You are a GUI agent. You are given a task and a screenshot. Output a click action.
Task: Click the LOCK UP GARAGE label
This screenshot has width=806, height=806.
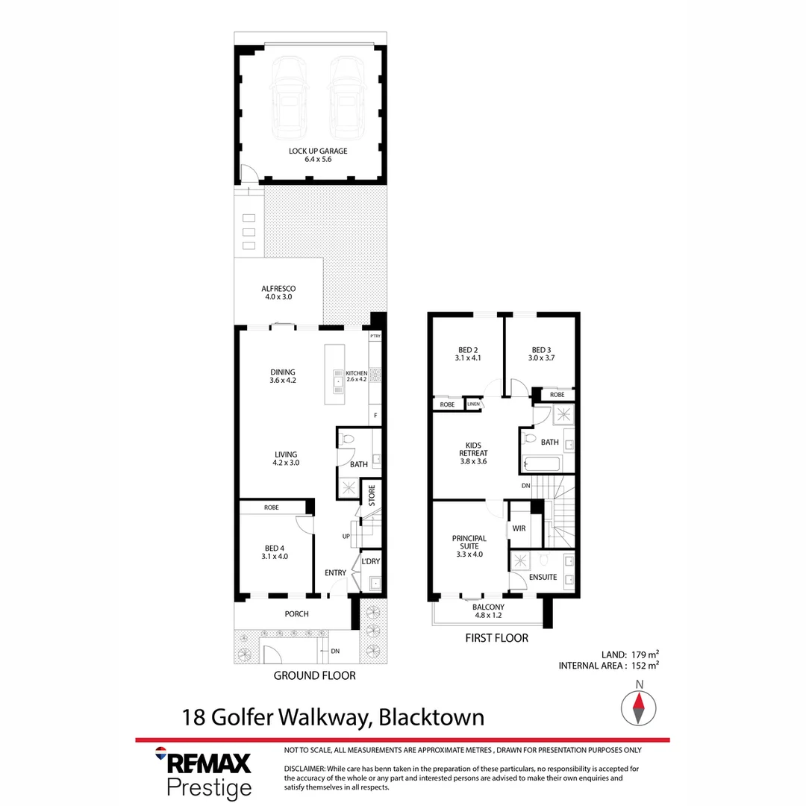point(318,151)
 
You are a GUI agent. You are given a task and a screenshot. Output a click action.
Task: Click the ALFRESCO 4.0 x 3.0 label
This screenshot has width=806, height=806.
point(278,293)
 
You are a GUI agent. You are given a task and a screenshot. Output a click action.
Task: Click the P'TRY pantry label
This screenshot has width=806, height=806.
point(375,337)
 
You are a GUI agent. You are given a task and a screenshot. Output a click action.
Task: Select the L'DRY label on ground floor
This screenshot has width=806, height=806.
point(371,561)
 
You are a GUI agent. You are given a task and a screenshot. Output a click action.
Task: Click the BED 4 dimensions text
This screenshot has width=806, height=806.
point(275,556)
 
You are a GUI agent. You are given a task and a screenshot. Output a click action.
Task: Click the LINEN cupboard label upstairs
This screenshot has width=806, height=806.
point(473,404)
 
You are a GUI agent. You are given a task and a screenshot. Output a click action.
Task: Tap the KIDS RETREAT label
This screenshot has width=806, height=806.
point(474,452)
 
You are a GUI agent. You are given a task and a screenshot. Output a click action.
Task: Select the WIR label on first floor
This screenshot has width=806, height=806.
point(518,528)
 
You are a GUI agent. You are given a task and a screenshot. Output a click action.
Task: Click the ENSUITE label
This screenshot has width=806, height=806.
point(543,577)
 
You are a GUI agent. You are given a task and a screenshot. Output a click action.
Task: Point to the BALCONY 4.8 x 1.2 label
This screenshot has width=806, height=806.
point(488,612)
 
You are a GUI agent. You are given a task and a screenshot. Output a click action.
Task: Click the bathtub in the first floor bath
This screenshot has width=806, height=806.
point(540,464)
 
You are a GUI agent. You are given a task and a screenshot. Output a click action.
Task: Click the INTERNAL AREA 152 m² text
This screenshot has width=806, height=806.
point(608,665)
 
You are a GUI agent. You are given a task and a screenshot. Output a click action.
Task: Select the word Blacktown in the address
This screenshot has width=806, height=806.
point(431,717)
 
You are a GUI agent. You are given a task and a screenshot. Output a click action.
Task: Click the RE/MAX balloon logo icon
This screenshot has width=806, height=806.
point(160,752)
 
